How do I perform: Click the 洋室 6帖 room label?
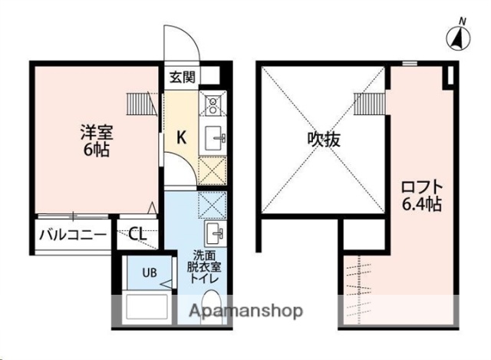tap(96, 140)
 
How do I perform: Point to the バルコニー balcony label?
tap(72, 235)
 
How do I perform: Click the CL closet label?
tap(138, 235)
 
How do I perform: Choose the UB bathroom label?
tap(149, 271)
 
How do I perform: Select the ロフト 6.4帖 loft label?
tap(422, 195)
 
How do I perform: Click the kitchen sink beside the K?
tap(213, 138)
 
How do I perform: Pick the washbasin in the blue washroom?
tap(213, 233)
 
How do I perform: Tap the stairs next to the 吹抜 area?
tap(368, 102)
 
